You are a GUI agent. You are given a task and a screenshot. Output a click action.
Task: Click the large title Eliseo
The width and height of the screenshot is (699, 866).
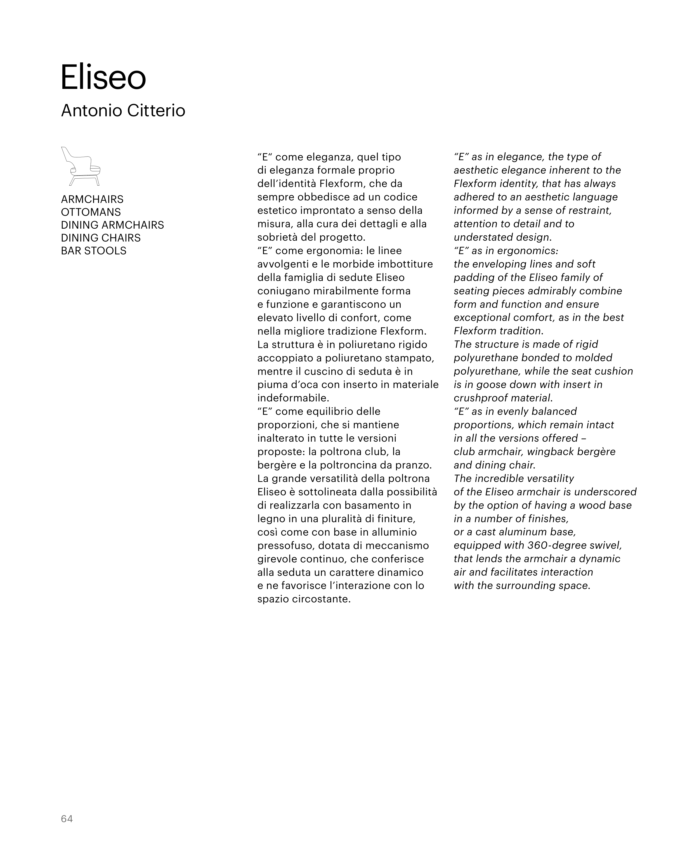[103, 77]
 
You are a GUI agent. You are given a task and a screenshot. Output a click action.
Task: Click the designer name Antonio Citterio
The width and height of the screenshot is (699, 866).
[123, 111]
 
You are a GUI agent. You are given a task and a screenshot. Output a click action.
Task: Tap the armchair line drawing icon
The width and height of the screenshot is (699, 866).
[81, 166]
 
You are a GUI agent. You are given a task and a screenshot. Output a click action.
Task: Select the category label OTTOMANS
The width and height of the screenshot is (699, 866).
[91, 212]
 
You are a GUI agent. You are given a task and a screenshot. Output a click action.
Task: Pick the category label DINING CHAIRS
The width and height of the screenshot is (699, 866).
[101, 238]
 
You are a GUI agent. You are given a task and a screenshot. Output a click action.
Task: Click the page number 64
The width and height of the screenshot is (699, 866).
[67, 818]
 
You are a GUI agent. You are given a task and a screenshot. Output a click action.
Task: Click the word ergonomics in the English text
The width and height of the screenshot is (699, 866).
[528, 251]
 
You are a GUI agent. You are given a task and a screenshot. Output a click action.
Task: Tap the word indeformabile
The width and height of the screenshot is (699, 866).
[293, 398]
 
